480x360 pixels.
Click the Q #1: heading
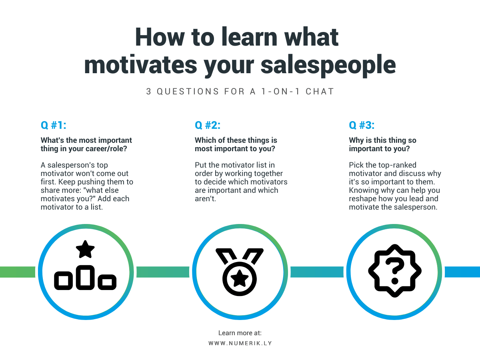point(53,125)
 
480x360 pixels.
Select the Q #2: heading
point(208,125)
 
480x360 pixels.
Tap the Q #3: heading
point(362,125)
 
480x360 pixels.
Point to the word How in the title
point(160,37)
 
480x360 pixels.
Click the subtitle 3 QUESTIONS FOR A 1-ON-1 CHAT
point(240,91)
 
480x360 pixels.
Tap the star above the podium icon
point(85,249)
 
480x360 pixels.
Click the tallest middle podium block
point(85,277)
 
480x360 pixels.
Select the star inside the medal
point(240,278)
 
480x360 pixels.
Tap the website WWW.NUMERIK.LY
point(240,343)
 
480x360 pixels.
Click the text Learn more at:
point(240,333)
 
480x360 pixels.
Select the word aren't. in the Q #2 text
point(205,199)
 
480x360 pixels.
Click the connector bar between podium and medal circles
point(163,272)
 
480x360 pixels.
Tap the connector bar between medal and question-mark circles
point(317,272)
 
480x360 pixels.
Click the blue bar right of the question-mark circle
point(462,272)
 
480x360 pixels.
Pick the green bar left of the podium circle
point(18,272)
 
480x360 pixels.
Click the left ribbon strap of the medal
point(226,256)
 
